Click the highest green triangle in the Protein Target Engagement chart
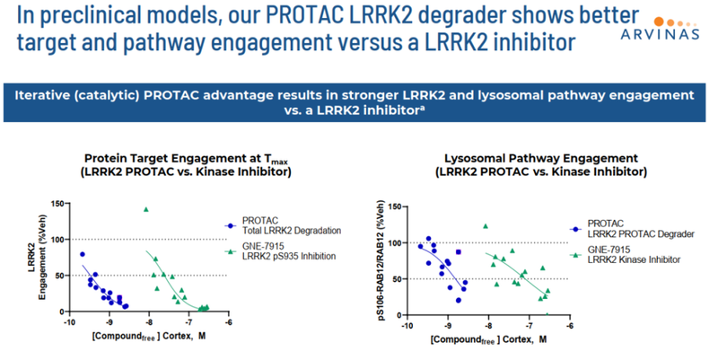point(145,209)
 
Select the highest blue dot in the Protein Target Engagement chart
point(83,254)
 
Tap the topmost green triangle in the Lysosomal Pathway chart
point(486,226)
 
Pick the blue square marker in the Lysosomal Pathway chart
point(459,252)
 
